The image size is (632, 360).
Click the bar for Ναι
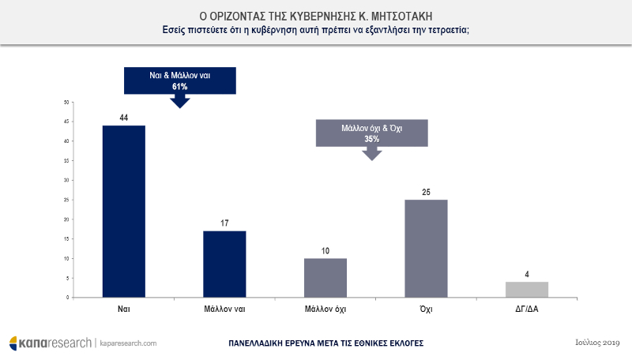[123, 212]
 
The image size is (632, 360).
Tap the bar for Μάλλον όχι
[325, 278]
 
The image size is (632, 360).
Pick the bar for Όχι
[426, 249]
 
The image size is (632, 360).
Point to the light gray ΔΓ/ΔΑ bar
[527, 290]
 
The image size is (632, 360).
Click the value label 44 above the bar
[123, 118]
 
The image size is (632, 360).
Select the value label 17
[224, 223]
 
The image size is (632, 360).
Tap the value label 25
[426, 192]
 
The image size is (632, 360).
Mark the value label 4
[527, 275]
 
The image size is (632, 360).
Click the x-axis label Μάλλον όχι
[325, 309]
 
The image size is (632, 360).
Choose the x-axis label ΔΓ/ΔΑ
[527, 309]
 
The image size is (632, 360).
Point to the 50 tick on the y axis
[67, 102]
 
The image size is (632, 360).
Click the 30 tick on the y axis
[67, 180]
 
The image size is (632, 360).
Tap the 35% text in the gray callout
[371, 138]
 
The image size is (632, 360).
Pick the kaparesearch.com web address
[128, 343]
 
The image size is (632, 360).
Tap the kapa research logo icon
[15, 343]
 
